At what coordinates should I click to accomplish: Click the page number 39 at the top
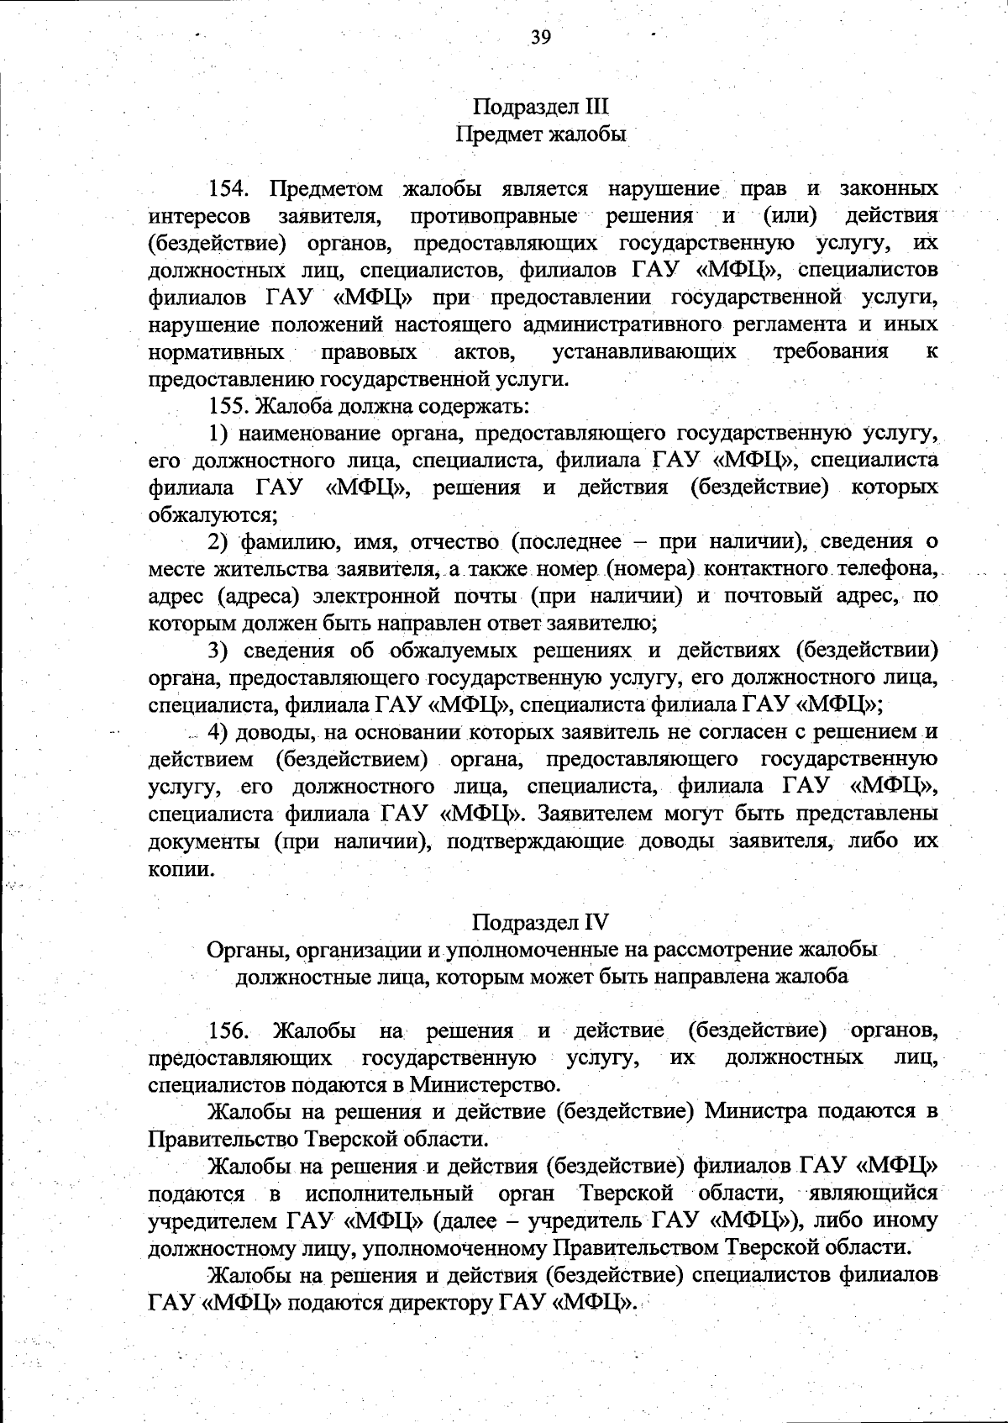pos(540,36)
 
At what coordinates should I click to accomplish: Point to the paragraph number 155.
pos(228,406)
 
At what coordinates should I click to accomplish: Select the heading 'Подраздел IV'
pos(540,921)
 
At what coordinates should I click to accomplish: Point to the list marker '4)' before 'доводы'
pos(219,732)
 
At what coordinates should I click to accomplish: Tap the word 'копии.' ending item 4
pos(181,868)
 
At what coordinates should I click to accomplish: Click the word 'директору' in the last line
pos(443,1303)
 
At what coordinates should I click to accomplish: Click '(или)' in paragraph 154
pos(790,216)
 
